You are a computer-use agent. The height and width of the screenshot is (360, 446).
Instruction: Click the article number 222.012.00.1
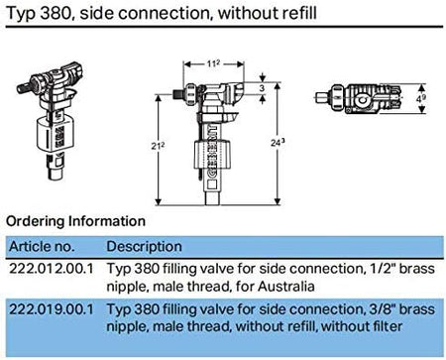point(52,269)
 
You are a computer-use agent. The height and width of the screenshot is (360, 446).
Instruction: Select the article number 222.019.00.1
point(52,309)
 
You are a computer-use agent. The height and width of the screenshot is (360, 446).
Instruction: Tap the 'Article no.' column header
point(42,247)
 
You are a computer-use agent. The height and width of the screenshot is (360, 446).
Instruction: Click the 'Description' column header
point(145,247)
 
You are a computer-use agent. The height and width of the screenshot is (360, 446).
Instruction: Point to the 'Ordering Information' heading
point(75,221)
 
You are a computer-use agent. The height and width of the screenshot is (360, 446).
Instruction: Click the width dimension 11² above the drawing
point(213,63)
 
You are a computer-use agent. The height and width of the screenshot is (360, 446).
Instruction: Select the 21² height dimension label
point(158,146)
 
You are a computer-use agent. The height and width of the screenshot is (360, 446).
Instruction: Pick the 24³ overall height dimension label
point(278,143)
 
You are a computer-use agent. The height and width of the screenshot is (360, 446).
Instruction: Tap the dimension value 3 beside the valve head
point(262,88)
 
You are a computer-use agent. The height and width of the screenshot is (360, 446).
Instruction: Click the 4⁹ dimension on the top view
point(421,98)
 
